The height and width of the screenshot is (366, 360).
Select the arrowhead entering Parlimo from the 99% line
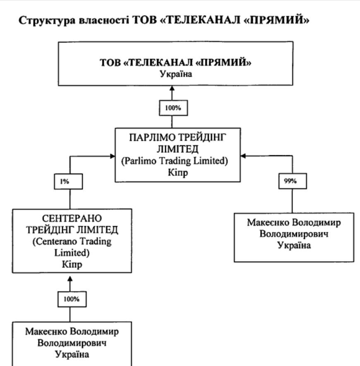click(x=243, y=156)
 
